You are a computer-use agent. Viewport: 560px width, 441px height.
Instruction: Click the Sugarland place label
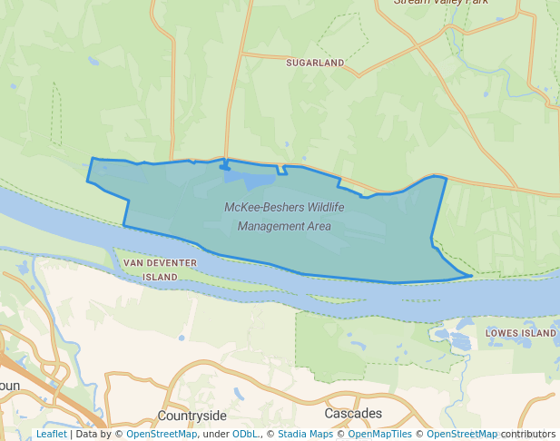(315, 63)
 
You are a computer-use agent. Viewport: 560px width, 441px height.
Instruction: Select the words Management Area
(284, 226)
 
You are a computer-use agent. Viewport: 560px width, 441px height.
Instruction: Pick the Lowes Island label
(520, 333)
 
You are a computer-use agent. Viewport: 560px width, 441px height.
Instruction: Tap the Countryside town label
(192, 415)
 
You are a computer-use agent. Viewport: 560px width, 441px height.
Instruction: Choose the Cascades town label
(353, 414)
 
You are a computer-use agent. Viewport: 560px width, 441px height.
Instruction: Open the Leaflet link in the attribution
(51, 435)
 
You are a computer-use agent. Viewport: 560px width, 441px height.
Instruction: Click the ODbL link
(246, 435)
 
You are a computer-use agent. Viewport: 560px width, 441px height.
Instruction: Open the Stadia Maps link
(305, 435)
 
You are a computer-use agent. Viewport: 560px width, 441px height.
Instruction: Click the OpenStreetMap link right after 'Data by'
(162, 435)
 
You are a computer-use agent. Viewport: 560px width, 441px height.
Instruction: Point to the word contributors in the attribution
(528, 435)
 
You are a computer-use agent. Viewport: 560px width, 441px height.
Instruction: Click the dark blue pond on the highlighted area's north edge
(224, 167)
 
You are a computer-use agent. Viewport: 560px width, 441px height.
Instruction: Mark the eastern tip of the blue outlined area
(471, 274)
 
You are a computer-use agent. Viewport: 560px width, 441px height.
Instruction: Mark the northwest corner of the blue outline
(93, 159)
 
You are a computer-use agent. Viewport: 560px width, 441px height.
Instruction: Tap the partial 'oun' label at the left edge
(9, 386)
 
